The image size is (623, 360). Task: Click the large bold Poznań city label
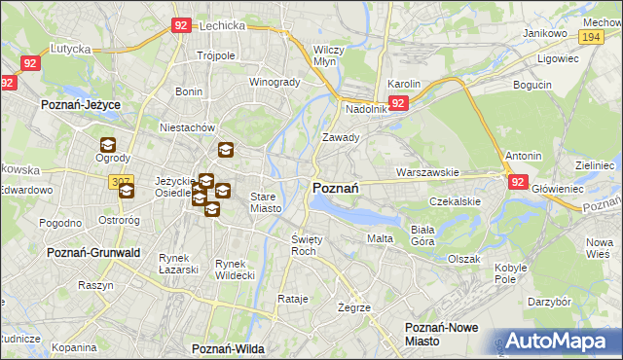(337, 187)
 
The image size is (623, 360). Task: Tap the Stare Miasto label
(266, 202)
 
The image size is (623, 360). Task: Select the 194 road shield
(590, 36)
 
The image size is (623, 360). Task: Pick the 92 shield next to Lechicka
(180, 26)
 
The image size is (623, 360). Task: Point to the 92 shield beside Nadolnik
(397, 102)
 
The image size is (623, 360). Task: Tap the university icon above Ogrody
(107, 145)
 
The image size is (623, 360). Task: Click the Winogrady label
(275, 82)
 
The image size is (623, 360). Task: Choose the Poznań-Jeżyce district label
(80, 102)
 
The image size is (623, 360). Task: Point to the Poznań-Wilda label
(229, 347)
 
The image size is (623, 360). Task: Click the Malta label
(379, 238)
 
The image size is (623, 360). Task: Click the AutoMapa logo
(557, 341)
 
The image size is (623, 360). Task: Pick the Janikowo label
(544, 33)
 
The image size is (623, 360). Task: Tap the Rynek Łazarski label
(179, 264)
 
